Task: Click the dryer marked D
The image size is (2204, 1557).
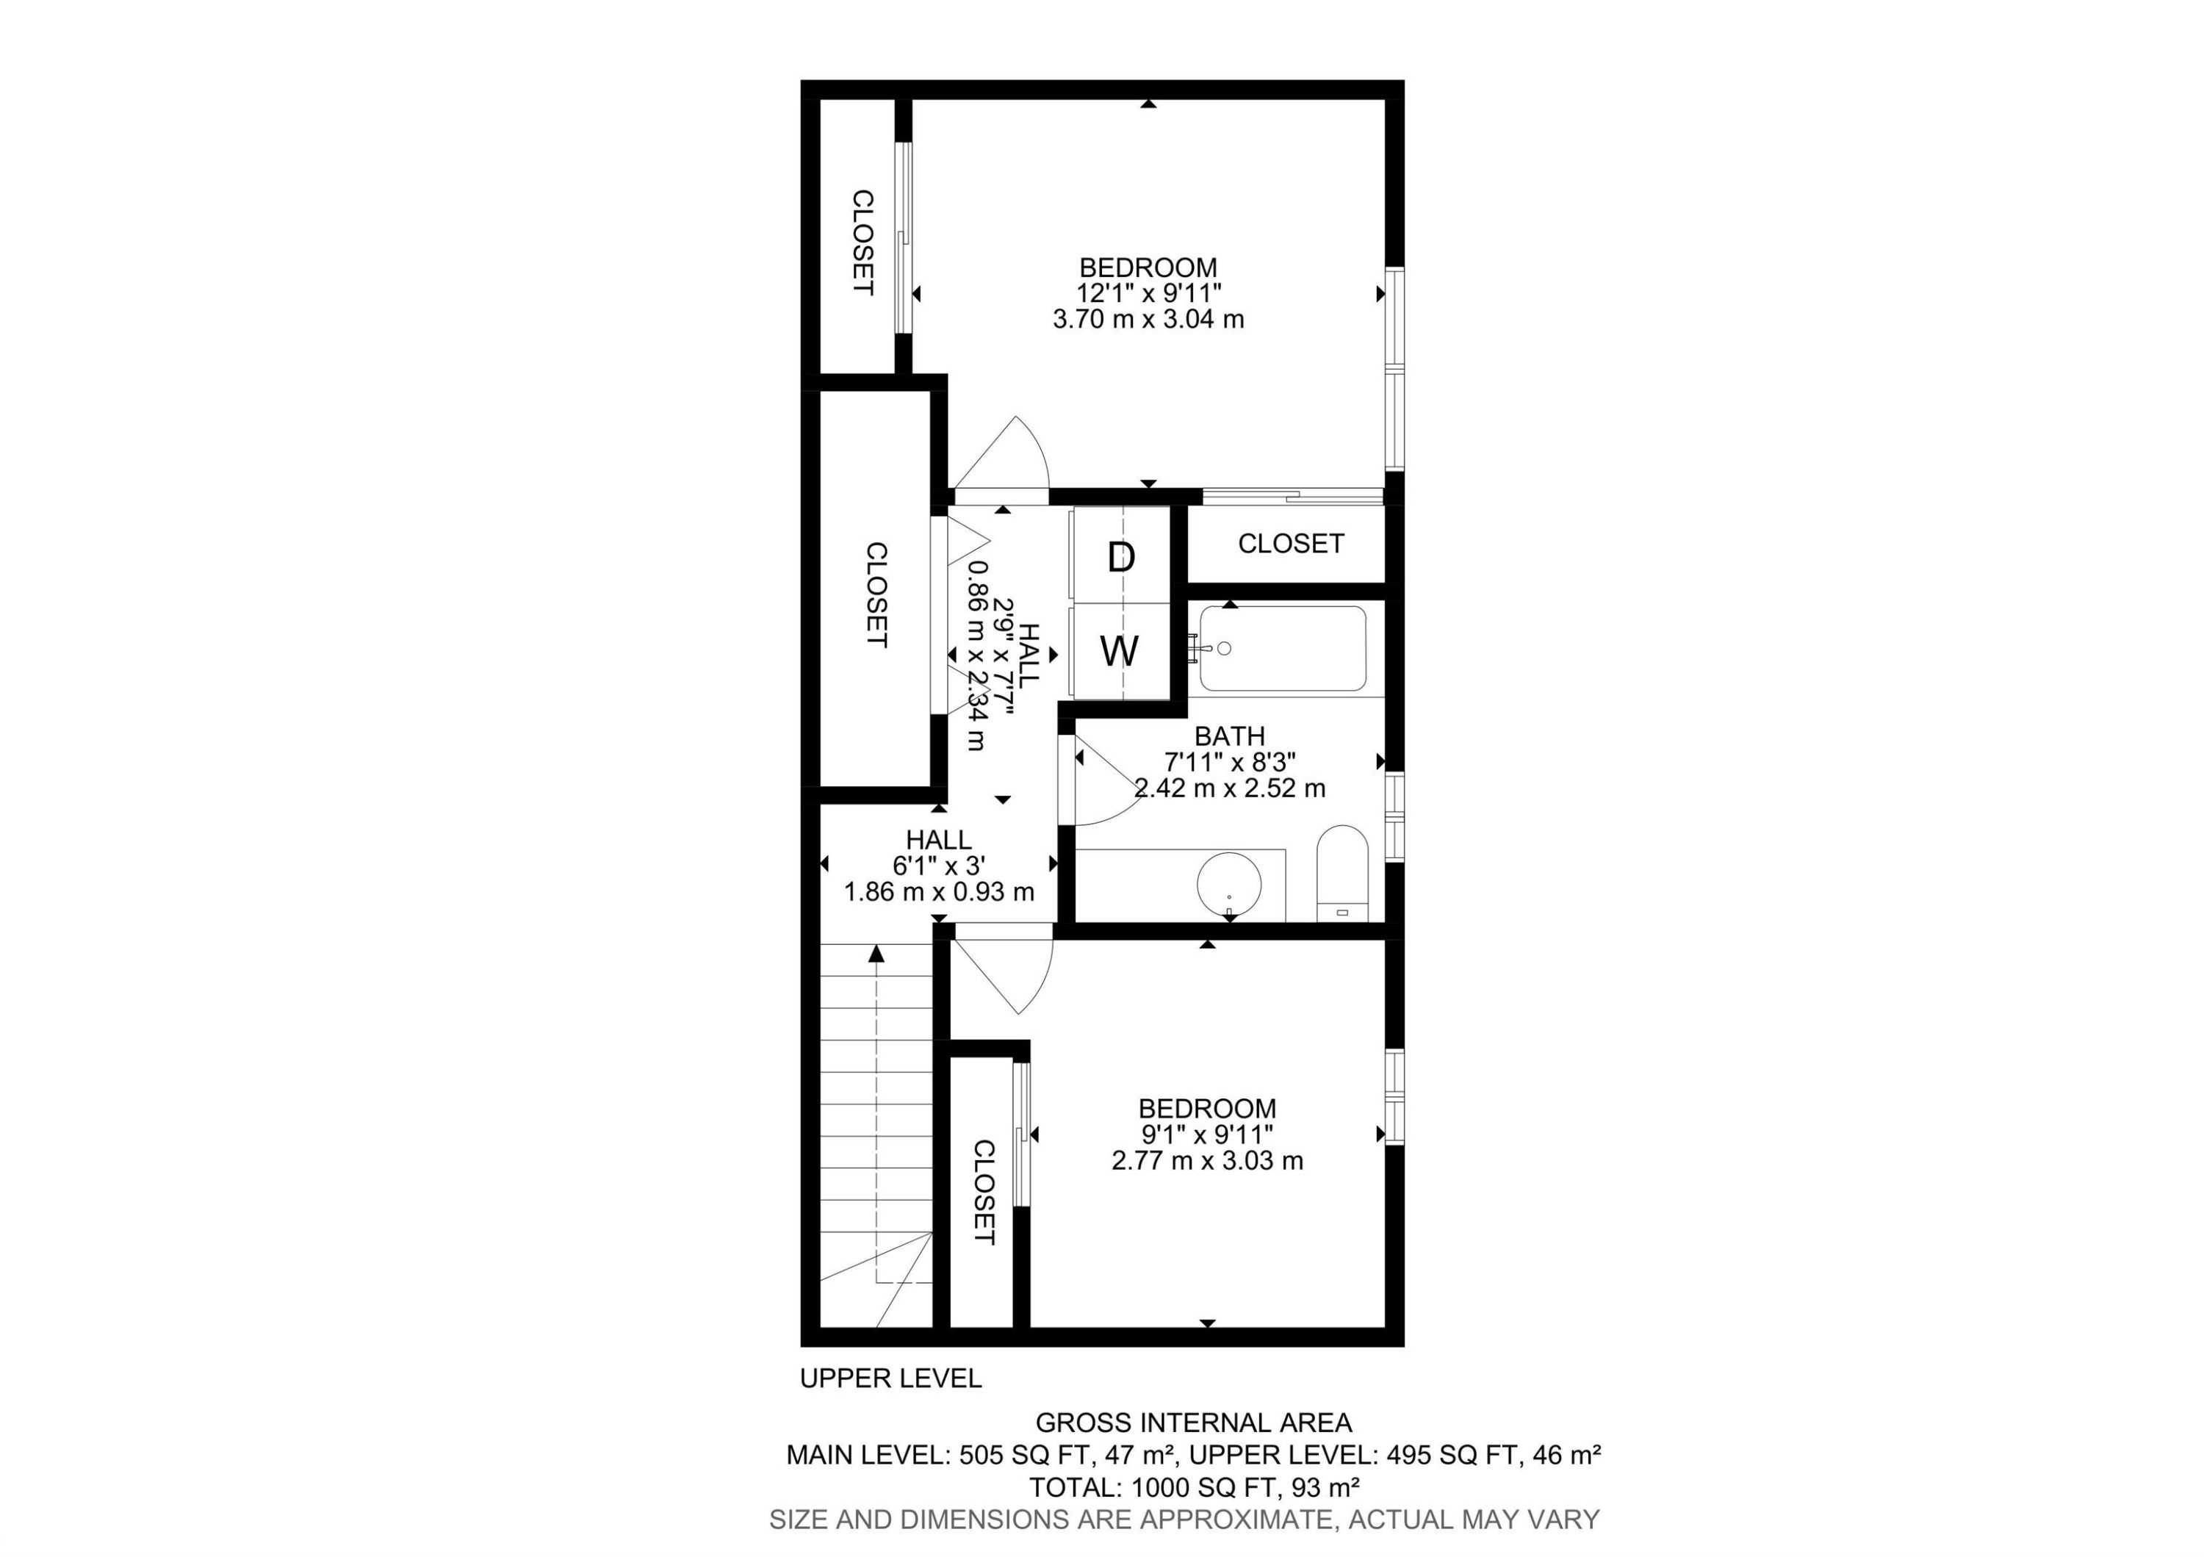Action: [1121, 557]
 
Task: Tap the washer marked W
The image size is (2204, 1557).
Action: [1120, 652]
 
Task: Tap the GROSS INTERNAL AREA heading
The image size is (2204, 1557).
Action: [1193, 1423]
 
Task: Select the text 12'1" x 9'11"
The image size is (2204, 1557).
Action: [1148, 292]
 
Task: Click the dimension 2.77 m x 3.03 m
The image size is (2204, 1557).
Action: [1206, 1160]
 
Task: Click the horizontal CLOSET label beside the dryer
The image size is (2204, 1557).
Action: [1290, 543]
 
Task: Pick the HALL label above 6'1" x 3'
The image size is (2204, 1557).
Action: [938, 840]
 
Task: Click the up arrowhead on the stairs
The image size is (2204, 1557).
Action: [876, 953]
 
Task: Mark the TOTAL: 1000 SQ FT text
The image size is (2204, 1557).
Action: [1193, 1488]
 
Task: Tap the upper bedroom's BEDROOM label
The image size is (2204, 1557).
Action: [1148, 267]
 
